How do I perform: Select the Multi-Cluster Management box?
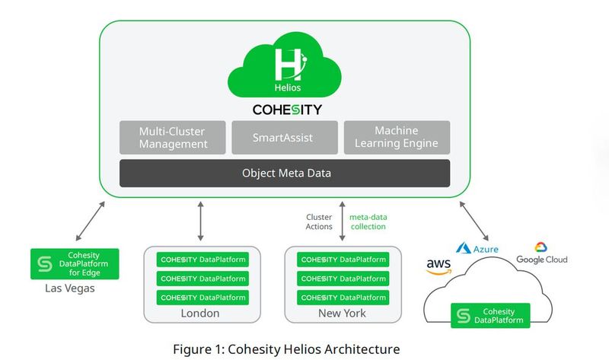pos(173,138)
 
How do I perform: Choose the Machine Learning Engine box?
pos(396,138)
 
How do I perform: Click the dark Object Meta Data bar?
pos(285,174)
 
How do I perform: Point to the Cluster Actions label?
pos(319,221)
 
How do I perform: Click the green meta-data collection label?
pos(368,221)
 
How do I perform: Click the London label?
pos(201,313)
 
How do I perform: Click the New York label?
pos(342,313)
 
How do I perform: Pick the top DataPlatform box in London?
pos(202,259)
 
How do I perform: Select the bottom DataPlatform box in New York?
pos(342,298)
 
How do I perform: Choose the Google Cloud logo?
pos(541,253)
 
